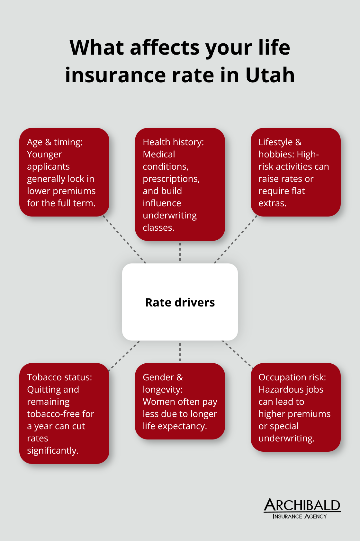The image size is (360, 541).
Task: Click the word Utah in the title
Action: [x=270, y=75]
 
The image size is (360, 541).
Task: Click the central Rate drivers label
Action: [x=180, y=302]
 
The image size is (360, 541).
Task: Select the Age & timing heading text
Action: [x=55, y=142]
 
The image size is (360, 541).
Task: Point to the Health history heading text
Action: [x=173, y=142]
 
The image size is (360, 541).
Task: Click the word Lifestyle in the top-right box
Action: [x=275, y=142]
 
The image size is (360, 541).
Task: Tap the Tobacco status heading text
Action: [x=59, y=377]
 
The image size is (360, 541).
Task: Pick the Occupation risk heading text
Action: [x=292, y=377]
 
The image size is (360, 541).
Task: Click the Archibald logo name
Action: [x=302, y=505]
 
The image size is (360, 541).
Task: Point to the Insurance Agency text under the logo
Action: [x=300, y=516]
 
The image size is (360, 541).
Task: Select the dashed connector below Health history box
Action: [x=180, y=252]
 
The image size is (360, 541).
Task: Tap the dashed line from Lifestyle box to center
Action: [x=236, y=239]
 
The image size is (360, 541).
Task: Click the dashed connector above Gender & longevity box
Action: [x=180, y=352]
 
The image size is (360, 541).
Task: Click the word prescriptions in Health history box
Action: [x=171, y=179]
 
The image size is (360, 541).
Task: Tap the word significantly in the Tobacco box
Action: [x=53, y=450]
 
